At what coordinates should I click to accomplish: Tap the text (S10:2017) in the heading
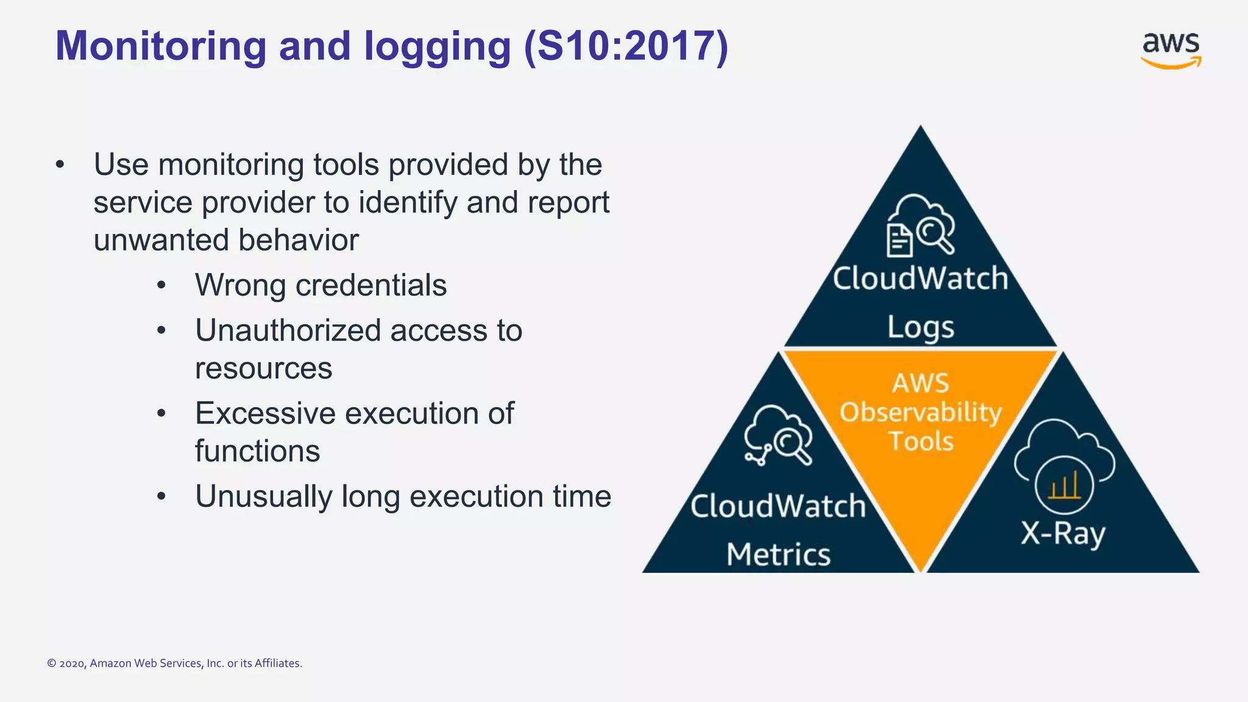[626, 46]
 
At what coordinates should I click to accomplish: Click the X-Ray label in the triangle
[1063, 534]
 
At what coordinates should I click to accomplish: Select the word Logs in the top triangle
[920, 327]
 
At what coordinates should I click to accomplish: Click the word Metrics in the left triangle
[778, 555]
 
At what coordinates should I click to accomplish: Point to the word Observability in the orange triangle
[920, 413]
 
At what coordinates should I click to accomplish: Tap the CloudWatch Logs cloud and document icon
[920, 225]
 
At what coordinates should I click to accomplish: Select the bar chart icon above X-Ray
[1064, 486]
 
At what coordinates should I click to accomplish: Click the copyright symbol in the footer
[52, 664]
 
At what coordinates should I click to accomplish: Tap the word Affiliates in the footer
[277, 664]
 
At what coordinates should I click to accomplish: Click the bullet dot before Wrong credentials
[161, 285]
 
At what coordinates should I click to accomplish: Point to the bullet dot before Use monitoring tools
[60, 165]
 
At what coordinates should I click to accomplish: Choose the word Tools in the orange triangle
[920, 441]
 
